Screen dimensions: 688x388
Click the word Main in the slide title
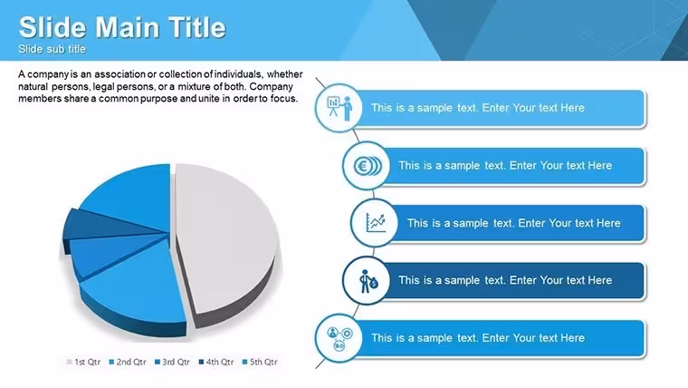point(127,27)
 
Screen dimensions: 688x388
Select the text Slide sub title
point(52,49)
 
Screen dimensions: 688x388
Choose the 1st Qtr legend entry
point(83,362)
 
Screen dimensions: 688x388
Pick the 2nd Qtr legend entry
point(128,362)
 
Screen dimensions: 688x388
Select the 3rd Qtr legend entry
point(172,362)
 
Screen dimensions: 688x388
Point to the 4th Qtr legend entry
point(216,362)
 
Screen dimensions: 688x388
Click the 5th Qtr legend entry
point(260,362)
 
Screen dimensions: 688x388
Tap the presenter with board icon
point(339,108)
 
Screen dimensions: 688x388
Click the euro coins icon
point(368,166)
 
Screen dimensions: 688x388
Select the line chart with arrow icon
point(376,223)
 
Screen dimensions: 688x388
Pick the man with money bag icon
point(368,281)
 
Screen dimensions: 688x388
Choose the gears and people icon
point(339,339)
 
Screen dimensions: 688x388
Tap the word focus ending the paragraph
point(284,99)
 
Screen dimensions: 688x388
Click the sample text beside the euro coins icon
point(505,166)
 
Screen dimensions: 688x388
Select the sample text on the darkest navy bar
point(505,280)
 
